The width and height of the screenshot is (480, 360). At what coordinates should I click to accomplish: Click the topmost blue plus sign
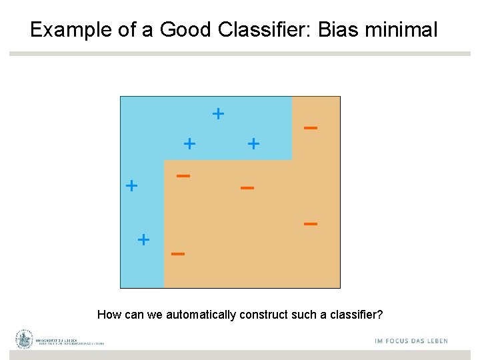[218, 113]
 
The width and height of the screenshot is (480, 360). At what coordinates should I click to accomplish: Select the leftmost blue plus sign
[132, 185]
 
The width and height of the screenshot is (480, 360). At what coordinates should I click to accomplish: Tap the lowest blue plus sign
[143, 239]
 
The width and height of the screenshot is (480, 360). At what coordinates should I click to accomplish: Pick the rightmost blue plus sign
[253, 143]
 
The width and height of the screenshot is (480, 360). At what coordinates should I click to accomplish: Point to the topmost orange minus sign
[310, 127]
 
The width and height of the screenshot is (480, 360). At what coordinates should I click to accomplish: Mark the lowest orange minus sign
[177, 254]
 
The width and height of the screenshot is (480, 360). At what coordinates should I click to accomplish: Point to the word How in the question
[109, 315]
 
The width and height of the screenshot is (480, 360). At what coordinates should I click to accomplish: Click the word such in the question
[294, 315]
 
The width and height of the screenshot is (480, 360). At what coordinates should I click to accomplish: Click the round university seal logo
[25, 339]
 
